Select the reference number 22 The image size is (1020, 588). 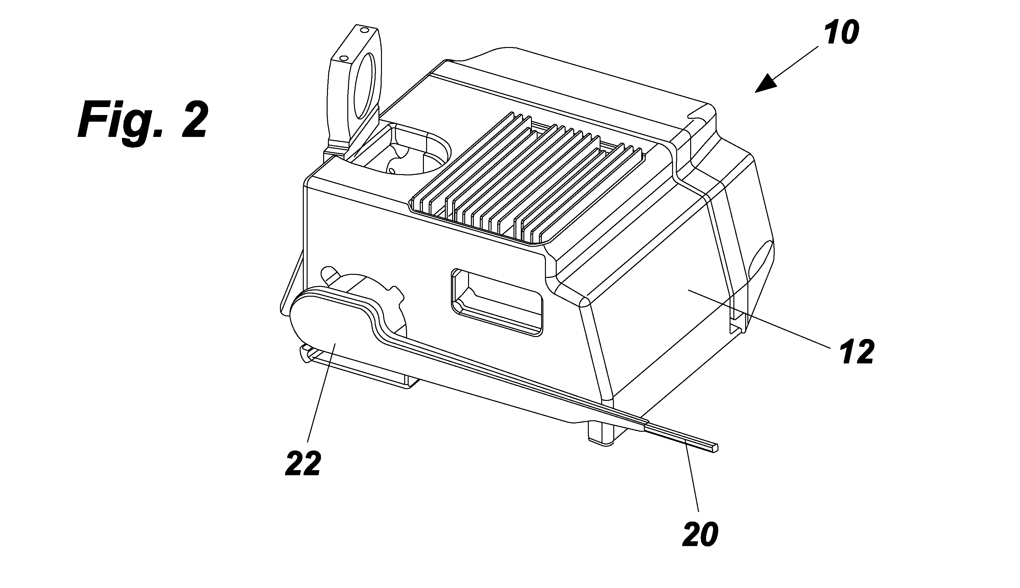303,463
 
